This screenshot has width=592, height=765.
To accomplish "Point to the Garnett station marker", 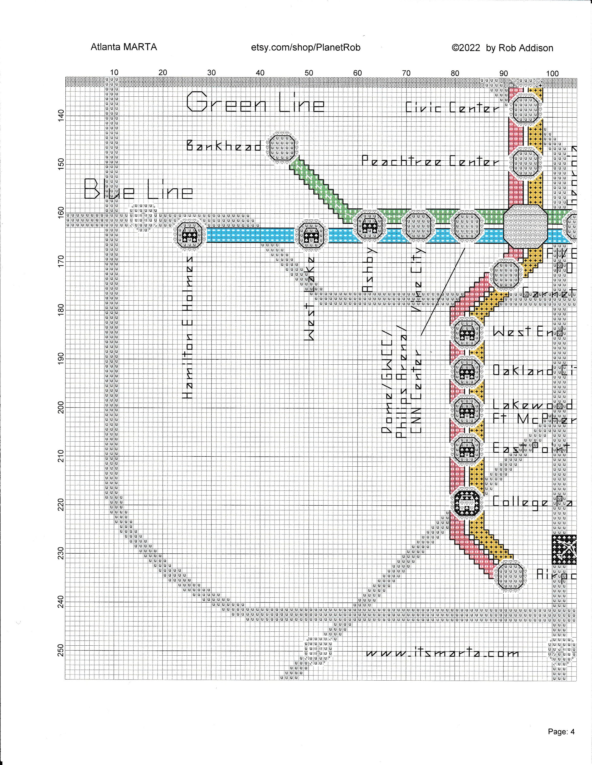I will pyautogui.click(x=505, y=276).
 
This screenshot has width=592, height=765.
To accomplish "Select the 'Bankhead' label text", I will pyautogui.click(x=224, y=145).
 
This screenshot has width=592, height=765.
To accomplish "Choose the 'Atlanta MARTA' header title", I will pyautogui.click(x=124, y=47).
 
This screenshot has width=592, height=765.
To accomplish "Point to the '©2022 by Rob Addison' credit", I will pyautogui.click(x=502, y=48).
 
